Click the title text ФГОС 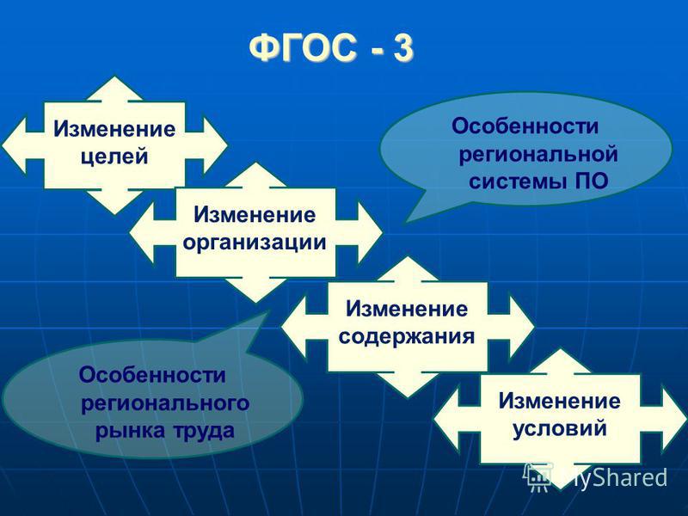pyautogui.click(x=304, y=47)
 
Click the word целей pyautogui.click(x=114, y=157)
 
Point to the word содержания pyautogui.click(x=407, y=337)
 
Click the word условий pyautogui.click(x=560, y=428)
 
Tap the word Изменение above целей pyautogui.click(x=114, y=129)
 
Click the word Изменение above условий pyautogui.click(x=560, y=401)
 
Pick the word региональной pyautogui.click(x=538, y=155)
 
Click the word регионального pyautogui.click(x=165, y=403)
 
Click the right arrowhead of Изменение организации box pyautogui.click(x=370, y=232)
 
